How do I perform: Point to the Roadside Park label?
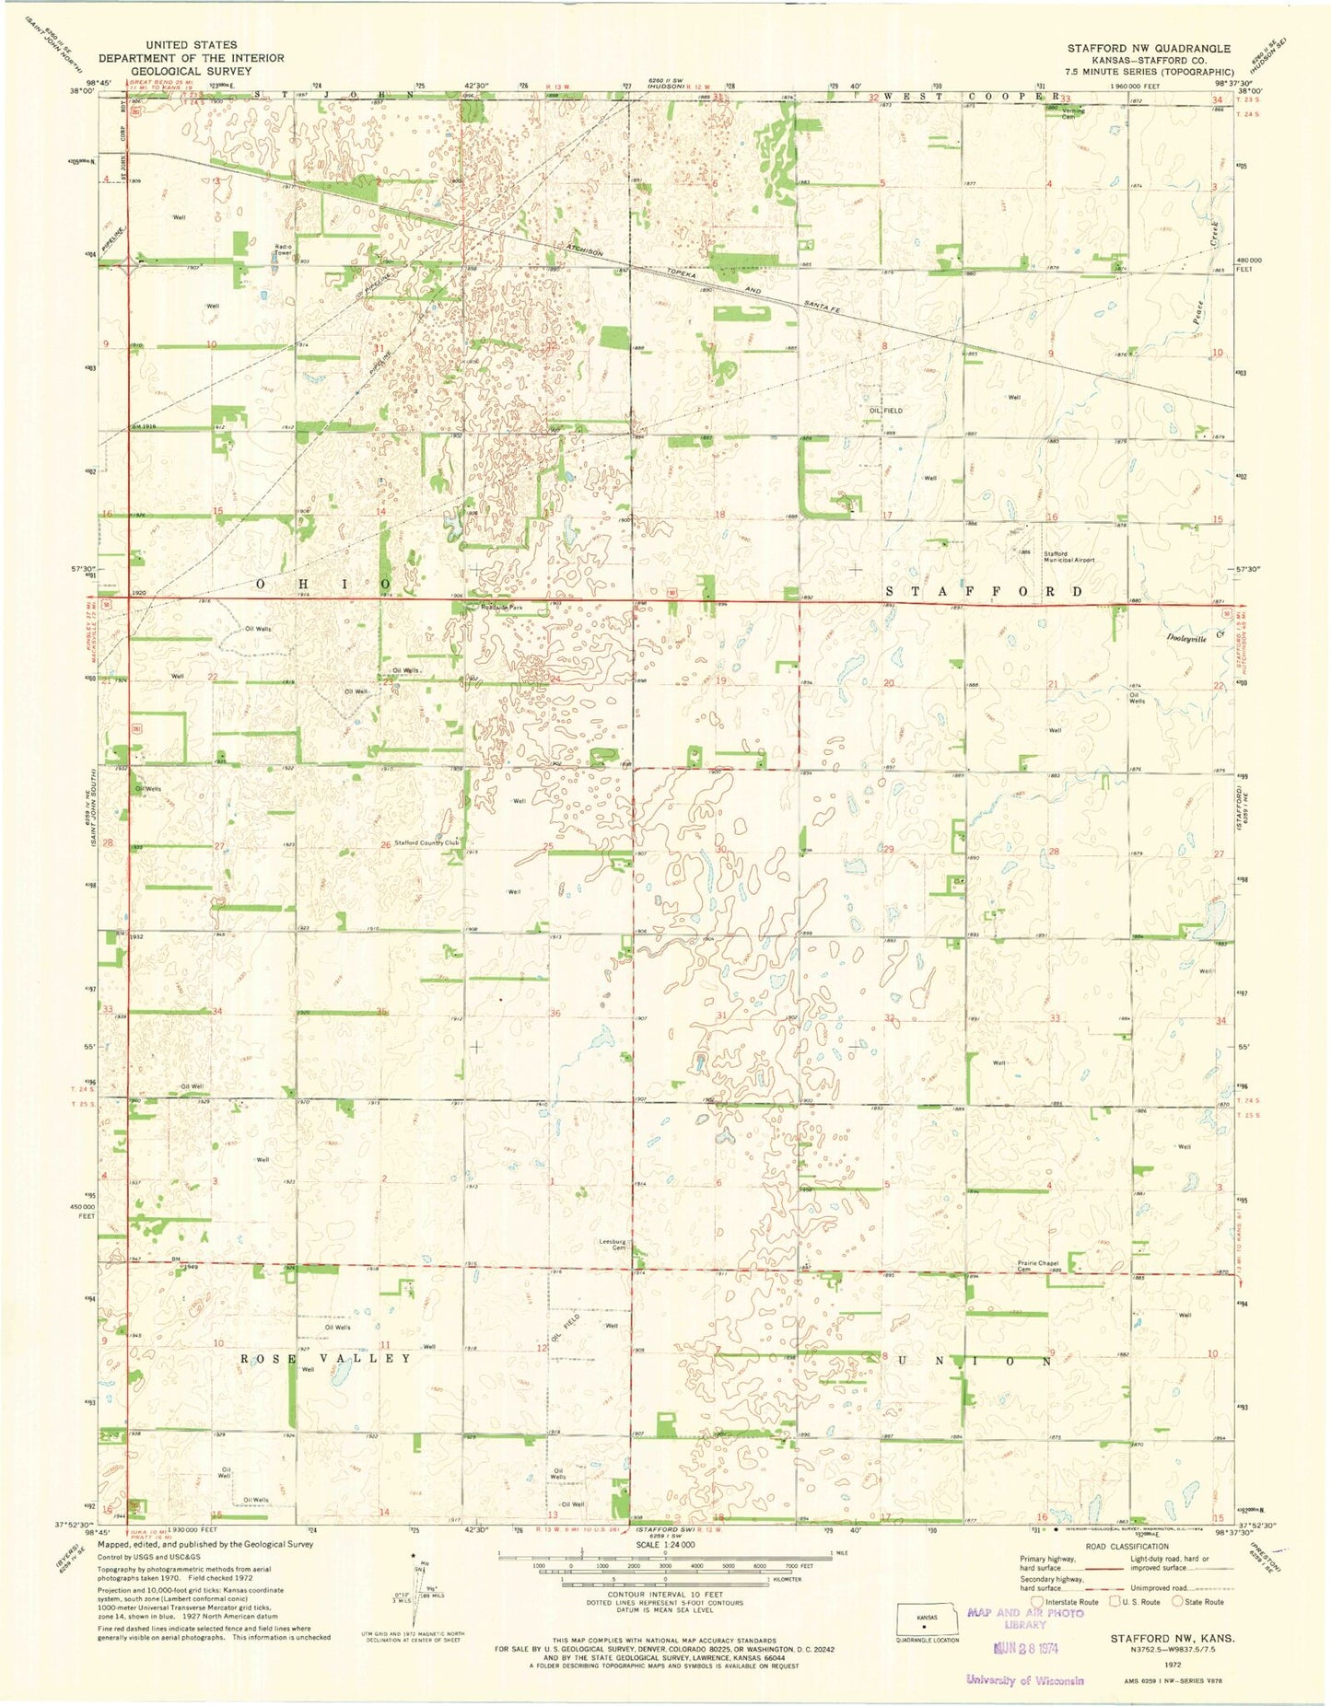501,609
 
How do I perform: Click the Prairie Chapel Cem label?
1037,1266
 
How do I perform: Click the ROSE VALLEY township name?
326,1359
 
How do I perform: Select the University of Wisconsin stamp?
1024,1680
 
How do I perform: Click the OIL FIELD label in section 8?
885,411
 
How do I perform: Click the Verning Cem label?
1073,113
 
